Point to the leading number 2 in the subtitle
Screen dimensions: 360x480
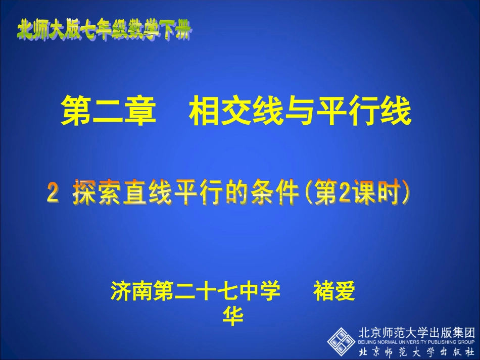click(x=53, y=194)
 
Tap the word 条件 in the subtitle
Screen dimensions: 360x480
click(x=274, y=193)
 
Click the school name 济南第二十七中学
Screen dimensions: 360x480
click(x=196, y=292)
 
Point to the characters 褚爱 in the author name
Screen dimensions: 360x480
click(x=334, y=292)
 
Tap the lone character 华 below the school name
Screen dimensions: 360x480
click(x=233, y=317)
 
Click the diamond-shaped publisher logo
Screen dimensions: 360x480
click(x=341, y=340)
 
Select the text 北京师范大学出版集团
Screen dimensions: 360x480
click(x=417, y=333)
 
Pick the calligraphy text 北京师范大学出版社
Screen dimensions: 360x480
click(x=417, y=351)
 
